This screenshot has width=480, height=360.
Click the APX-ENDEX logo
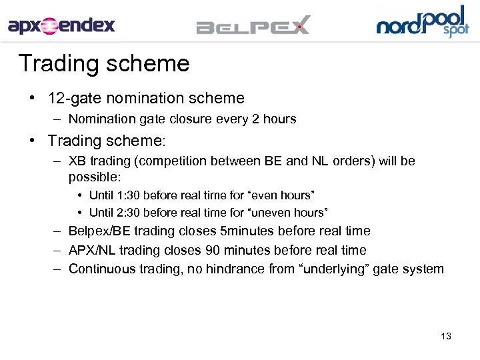[x=61, y=26]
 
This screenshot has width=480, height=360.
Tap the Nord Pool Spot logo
[x=423, y=22]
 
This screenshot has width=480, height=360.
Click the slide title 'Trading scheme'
[x=104, y=64]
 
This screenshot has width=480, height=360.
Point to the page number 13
[x=446, y=336]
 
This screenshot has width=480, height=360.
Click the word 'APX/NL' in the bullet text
[x=90, y=251]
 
